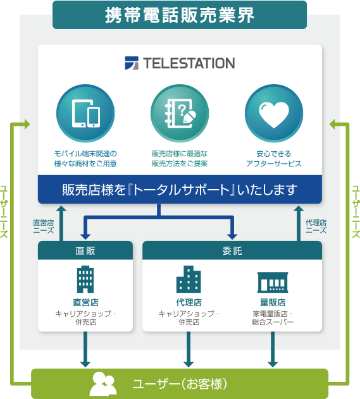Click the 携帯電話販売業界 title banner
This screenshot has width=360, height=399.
[180, 15]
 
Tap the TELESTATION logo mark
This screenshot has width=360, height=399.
[132, 63]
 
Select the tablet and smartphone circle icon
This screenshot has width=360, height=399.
[85, 113]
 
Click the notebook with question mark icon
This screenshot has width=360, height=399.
[180, 113]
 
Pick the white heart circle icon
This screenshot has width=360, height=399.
[274, 113]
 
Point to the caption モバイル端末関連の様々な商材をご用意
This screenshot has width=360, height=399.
[85, 159]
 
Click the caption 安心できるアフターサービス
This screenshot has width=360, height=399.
[274, 159]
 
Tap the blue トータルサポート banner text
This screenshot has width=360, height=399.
[180, 190]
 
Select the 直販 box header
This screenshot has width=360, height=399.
[85, 250]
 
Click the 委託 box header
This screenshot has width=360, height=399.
[232, 250]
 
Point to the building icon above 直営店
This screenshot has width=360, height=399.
[85, 279]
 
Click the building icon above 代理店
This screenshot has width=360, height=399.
[189, 279]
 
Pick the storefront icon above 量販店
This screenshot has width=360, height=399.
[273, 282]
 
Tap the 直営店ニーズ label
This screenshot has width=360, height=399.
[44, 226]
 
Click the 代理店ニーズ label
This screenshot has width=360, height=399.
[316, 226]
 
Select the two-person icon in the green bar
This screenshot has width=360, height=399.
[103, 384]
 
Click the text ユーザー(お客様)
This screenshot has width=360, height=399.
[180, 384]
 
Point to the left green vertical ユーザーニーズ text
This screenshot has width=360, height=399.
[4, 212]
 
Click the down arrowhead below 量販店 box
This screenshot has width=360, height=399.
[273, 364]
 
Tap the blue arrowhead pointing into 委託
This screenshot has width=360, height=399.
[232, 236]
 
